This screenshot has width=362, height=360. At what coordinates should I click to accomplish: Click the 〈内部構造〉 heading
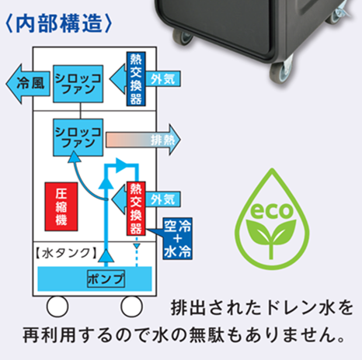59,24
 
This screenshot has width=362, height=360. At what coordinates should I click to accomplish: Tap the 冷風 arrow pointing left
28,84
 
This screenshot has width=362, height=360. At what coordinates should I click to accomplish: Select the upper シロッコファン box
78,84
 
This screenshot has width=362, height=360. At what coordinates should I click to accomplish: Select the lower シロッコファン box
78,137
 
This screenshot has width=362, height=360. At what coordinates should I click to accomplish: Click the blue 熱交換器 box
136,79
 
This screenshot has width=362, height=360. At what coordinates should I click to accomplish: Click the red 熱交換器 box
136,209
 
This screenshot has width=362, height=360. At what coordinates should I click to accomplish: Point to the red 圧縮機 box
61,206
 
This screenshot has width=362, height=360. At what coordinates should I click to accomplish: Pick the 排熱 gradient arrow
143,140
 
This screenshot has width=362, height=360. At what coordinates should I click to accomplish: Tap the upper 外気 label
163,79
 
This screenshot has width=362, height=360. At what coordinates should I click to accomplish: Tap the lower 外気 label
163,199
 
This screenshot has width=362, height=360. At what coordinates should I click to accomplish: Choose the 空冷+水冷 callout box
178,238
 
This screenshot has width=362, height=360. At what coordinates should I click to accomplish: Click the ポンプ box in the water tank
106,279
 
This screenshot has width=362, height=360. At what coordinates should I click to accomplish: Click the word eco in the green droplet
271,210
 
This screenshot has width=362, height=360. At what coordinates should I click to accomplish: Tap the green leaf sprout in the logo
271,239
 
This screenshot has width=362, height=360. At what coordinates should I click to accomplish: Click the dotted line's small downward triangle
137,246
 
